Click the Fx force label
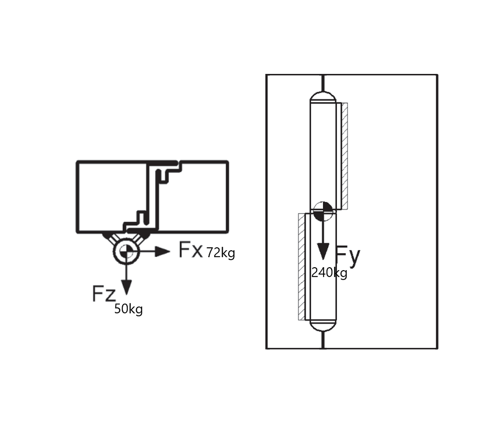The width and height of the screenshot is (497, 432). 190,249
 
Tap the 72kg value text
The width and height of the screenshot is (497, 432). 221,253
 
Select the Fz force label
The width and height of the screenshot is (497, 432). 104,293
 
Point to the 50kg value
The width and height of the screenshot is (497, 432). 128,309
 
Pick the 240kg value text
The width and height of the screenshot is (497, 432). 330,273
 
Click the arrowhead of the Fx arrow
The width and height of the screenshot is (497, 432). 163,252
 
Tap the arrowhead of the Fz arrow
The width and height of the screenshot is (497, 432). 126,288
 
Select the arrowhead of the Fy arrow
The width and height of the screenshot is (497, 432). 323,251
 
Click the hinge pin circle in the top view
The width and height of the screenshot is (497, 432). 126,252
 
